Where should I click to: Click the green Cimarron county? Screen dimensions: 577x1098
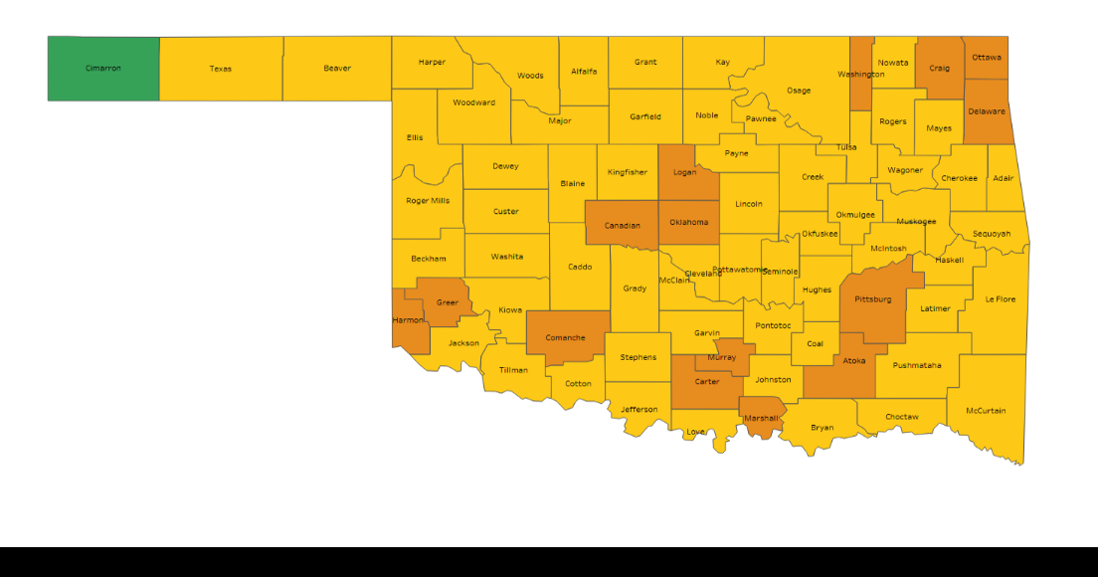[103, 69]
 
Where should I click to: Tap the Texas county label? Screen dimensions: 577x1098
[221, 69]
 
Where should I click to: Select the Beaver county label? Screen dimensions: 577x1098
[337, 69]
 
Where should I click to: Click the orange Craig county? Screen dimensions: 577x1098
[940, 69]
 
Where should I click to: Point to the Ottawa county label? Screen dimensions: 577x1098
[987, 57]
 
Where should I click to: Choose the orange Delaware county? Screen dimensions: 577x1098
[987, 111]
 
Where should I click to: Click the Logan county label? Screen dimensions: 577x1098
[684, 172]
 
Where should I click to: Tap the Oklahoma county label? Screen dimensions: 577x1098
[689, 222]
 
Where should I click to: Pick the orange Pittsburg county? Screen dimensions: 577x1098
[873, 298]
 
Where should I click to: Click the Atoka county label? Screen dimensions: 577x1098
[854, 361]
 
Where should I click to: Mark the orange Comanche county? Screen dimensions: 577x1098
[566, 337]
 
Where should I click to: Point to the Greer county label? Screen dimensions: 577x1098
[448, 302]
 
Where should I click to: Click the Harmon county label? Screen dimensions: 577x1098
[408, 320]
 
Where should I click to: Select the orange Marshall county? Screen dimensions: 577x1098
[761, 418]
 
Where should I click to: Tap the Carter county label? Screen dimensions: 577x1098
[707, 382]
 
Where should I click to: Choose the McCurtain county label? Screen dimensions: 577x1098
[986, 411]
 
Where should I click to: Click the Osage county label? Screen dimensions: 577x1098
[799, 91]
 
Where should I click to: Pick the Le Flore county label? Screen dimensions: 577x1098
[1001, 299]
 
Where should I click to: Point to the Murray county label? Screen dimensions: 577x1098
[722, 357]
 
